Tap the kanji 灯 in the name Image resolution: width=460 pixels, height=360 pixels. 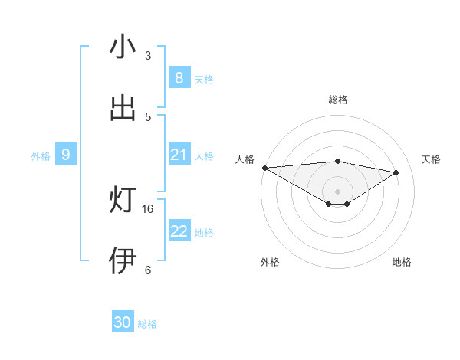tap(122, 200)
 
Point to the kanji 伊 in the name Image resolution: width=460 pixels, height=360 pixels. tap(122, 260)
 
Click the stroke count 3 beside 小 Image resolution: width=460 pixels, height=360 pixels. tap(148, 56)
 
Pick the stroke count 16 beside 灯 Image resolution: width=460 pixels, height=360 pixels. tap(149, 208)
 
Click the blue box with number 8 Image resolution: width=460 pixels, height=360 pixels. tap(179, 78)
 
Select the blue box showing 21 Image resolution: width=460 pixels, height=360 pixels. tap(179, 155)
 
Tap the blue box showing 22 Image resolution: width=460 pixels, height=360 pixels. tap(179, 231)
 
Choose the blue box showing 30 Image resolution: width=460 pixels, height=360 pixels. tap(122, 322)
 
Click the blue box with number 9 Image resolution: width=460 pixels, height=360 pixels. tap(66, 155)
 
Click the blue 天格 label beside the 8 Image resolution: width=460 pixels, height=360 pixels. tap(203, 80)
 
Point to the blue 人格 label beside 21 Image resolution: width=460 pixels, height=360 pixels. tap(203, 156)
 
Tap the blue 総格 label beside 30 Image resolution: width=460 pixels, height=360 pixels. tap(147, 324)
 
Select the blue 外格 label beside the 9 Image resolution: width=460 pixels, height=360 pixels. tap(41, 156)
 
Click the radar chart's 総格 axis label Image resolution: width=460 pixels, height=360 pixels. tap(337, 100)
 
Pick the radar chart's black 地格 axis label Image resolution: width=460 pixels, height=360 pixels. tap(402, 262)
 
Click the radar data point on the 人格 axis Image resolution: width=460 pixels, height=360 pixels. tap(264, 168)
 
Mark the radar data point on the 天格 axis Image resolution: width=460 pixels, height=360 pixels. tap(396, 172)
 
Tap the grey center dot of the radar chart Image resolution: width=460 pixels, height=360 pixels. tap(337, 191)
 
